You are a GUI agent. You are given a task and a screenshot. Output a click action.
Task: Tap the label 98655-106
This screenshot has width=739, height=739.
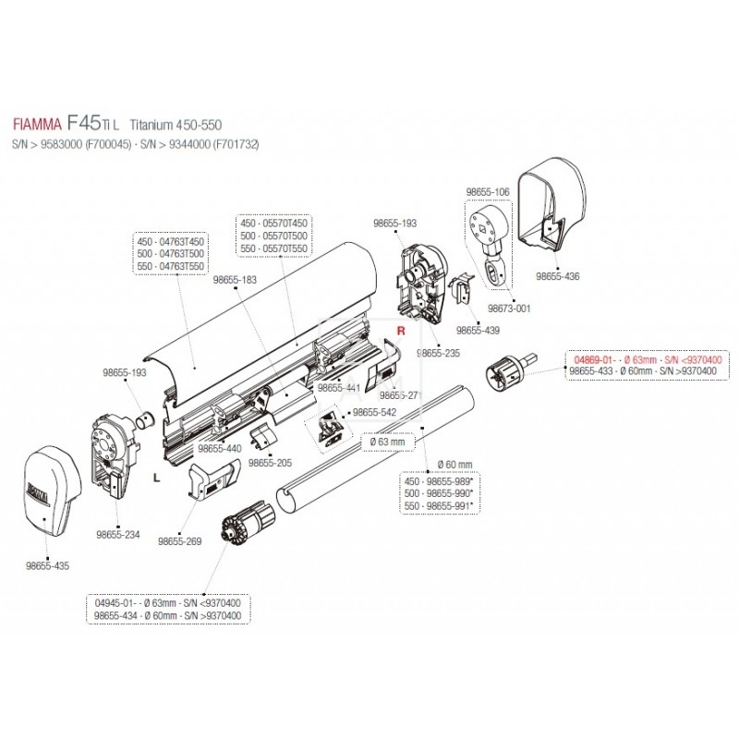point(487,190)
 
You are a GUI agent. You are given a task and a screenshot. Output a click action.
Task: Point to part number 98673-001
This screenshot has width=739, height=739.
point(510,309)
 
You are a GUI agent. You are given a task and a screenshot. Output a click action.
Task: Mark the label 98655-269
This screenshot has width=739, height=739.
point(180,542)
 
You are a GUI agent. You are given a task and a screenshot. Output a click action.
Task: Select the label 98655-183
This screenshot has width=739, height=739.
point(234,278)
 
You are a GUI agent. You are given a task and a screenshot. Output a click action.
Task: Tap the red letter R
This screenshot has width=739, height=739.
point(401,330)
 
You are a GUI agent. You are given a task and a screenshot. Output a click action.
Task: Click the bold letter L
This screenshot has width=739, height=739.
point(156,476)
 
